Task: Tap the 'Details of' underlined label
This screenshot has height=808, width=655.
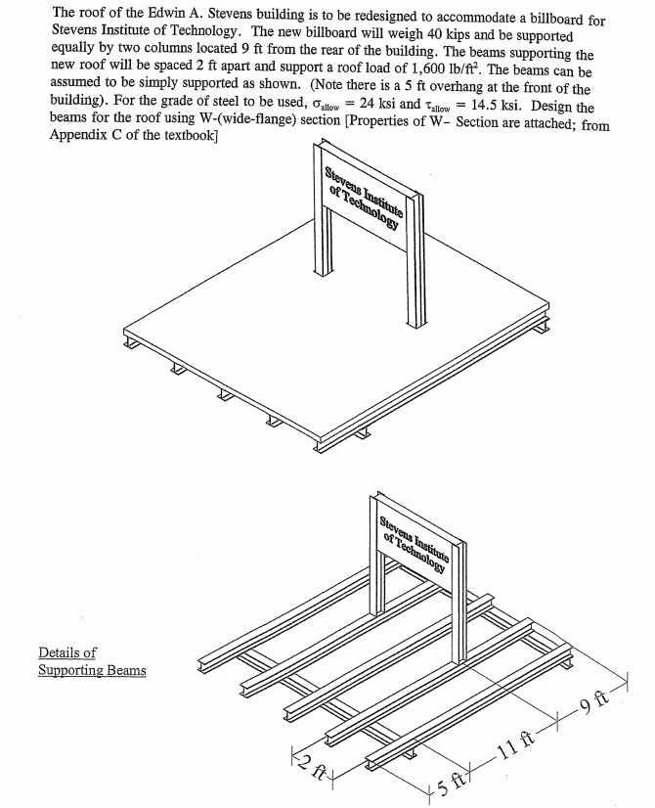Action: click(x=67, y=652)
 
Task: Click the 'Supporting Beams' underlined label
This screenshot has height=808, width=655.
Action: click(x=92, y=670)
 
